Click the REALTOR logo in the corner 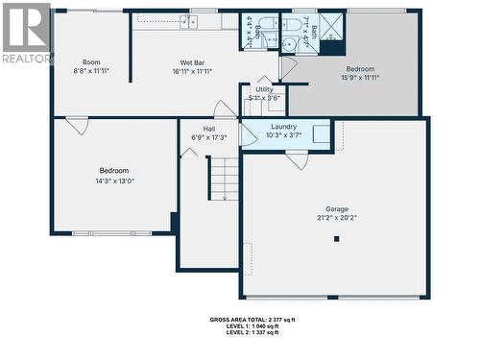pyautogui.click(x=26, y=34)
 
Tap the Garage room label pyautogui.click(x=336, y=208)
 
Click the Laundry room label pyautogui.click(x=283, y=127)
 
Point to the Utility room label pyautogui.click(x=264, y=89)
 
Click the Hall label pyautogui.click(x=208, y=129)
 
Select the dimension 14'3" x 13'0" pyautogui.click(x=114, y=180)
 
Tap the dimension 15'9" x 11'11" pyautogui.click(x=360, y=79)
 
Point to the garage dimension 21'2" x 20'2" pyautogui.click(x=336, y=218)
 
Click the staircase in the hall pyautogui.click(x=223, y=179)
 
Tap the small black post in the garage pyautogui.click(x=336, y=239)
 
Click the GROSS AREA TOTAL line pyautogui.click(x=252, y=319)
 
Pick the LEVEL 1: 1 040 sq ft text pyautogui.click(x=252, y=327)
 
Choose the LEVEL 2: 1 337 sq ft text pyautogui.click(x=252, y=336)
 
